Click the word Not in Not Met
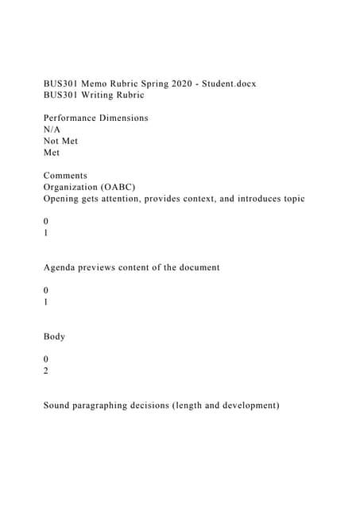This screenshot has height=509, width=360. click(x=52, y=141)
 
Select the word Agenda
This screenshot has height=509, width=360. click(x=61, y=267)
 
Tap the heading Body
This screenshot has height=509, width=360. click(x=54, y=336)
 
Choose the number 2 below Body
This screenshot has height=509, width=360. click(x=46, y=371)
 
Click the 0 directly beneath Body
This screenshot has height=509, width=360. click(x=46, y=359)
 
